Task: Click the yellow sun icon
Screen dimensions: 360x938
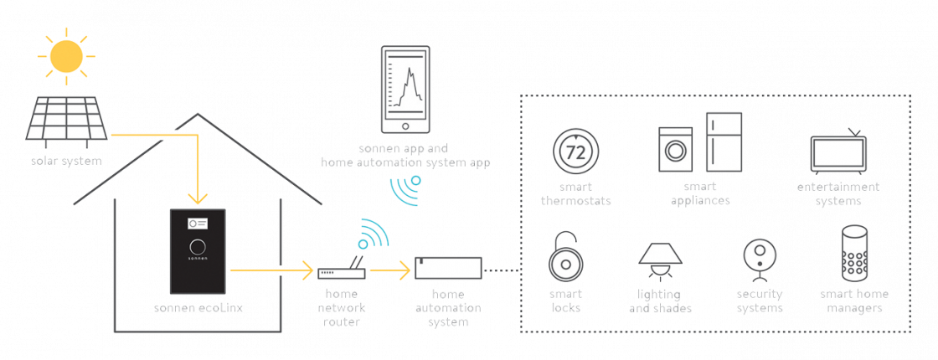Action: pos(67,55)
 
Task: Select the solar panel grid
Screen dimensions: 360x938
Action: pos(66,118)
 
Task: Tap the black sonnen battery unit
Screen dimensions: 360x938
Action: pos(198,251)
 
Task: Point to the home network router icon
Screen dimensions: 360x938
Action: pos(341,273)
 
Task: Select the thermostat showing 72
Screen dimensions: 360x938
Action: pos(575,152)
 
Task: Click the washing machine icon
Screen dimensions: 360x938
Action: pos(676,150)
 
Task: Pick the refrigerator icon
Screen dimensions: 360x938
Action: pos(724,141)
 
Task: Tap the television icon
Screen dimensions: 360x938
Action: pos(837,152)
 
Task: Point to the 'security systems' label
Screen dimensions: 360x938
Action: pos(760,301)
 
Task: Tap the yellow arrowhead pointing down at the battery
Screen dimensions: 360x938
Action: pos(197,199)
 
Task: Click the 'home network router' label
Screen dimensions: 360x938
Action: pos(342,307)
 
